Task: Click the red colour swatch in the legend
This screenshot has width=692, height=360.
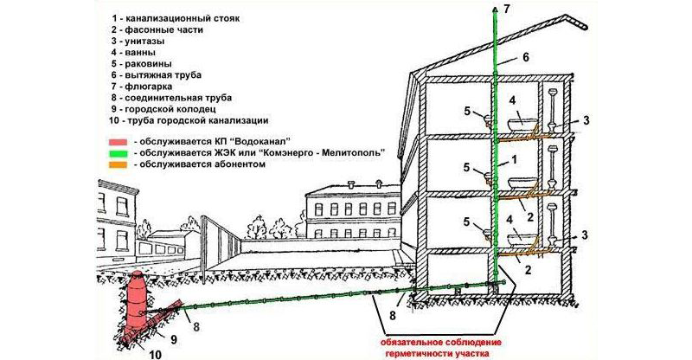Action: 119,140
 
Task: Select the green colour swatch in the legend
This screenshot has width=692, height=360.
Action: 119,152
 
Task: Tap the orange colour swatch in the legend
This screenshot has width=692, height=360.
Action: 119,164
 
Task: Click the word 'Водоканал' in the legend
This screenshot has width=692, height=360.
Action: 272,140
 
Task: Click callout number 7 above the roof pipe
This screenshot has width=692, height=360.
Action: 507,10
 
